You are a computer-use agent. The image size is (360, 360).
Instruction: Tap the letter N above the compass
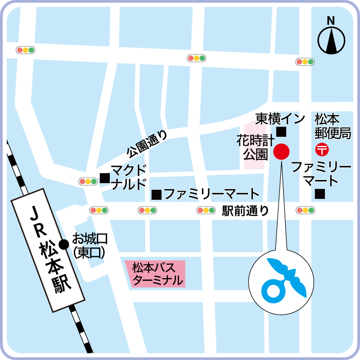click(x=331, y=20)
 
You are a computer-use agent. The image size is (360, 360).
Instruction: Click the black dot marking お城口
click(x=64, y=244)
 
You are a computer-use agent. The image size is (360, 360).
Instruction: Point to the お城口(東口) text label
click(x=90, y=245)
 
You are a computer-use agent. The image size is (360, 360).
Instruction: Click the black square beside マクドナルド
click(x=104, y=178)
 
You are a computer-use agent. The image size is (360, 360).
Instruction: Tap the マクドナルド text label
click(x=129, y=177)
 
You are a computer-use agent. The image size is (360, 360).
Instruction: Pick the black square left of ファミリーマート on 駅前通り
click(x=157, y=195)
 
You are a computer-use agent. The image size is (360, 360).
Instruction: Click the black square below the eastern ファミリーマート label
click(x=320, y=194)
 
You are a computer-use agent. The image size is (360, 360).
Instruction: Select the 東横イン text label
click(x=274, y=119)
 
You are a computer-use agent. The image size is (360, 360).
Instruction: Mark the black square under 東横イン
click(x=281, y=132)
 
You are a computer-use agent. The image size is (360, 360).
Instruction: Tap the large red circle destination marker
click(x=281, y=152)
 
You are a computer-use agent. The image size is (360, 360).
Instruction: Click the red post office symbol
click(x=323, y=148)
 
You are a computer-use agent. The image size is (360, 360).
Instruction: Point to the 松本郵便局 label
click(x=327, y=126)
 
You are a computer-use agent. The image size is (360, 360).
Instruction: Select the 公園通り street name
click(x=147, y=144)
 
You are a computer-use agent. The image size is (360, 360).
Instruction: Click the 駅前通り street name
click(x=245, y=210)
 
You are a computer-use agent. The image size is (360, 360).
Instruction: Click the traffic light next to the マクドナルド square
click(x=88, y=181)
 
